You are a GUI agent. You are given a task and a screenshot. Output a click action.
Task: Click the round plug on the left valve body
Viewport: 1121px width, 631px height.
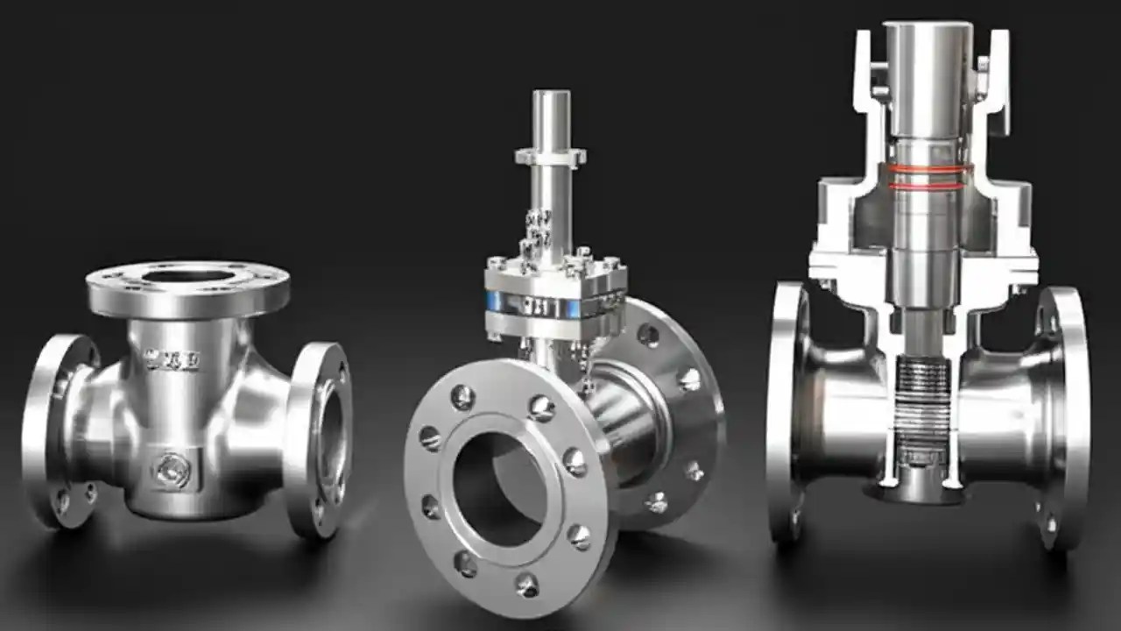[173, 471]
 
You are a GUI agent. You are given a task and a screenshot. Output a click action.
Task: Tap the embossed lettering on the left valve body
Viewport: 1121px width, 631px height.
[173, 359]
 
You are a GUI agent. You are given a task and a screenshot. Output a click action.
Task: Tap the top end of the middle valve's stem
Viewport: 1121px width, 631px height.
[551, 97]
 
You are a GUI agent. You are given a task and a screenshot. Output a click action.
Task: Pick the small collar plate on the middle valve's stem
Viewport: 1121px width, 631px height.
[550, 157]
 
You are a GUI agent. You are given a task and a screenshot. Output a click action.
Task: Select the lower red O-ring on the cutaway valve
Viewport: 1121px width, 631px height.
[928, 185]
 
